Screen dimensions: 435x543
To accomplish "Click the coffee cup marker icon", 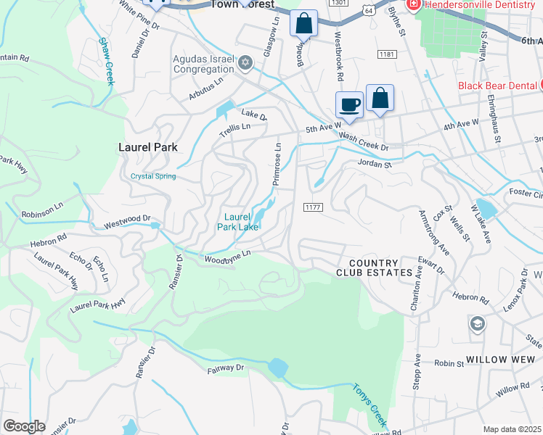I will [x=349, y=104].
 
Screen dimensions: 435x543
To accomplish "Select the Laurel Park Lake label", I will [x=237, y=221].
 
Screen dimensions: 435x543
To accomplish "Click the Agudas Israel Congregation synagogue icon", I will [x=245, y=63].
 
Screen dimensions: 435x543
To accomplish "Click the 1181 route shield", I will [x=386, y=54].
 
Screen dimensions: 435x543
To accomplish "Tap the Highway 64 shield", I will [x=369, y=12].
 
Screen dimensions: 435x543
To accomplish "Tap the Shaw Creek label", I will [x=107, y=62].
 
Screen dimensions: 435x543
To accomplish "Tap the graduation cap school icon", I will [x=477, y=323].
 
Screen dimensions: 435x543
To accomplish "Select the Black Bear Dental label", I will [x=497, y=86].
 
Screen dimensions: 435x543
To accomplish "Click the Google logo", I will [x=24, y=426].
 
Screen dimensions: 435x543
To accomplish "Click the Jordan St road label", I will [x=375, y=164].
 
